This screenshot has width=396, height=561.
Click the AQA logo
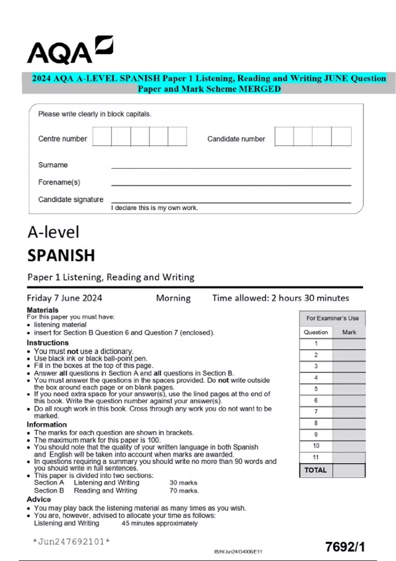70,50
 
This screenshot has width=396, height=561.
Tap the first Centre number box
102,136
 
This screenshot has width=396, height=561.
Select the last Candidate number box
341,136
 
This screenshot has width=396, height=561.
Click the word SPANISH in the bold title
61,255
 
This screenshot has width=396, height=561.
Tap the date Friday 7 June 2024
64,298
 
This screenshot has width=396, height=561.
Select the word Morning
173,298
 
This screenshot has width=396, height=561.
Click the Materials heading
43,310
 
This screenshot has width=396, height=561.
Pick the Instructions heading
48,343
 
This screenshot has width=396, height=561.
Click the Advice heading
39,499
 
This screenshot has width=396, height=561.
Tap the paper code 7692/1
345,547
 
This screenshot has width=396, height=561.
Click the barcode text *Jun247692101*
71,542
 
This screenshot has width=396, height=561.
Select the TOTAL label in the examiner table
315,470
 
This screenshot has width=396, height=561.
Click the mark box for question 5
349,389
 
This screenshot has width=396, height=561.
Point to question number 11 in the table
316,457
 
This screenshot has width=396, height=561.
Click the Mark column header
349,332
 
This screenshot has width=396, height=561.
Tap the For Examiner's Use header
332,318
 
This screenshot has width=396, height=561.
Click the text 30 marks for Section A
183,482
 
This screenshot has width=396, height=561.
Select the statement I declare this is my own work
154,208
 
